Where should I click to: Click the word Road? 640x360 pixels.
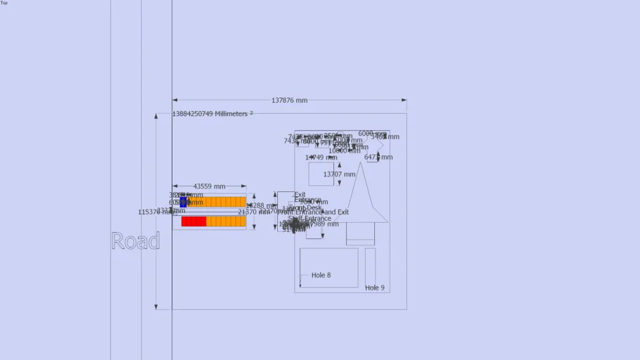click(136, 241)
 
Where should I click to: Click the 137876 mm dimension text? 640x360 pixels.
click(289, 101)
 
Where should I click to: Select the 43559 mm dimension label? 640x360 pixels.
click(210, 186)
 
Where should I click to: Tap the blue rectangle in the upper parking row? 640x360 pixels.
click(184, 202)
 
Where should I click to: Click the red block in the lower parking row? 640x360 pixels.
click(193, 221)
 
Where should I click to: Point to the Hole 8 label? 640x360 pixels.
click(321, 275)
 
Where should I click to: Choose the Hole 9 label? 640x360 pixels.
click(375, 288)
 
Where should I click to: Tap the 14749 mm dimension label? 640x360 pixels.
click(321, 157)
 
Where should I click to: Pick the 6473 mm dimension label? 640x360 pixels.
click(378, 157)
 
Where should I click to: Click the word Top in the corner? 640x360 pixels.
click(4, 3)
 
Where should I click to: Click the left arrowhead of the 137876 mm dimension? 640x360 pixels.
click(174, 101)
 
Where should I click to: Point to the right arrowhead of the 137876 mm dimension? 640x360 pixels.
click(404, 101)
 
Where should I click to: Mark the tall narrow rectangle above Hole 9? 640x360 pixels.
click(370, 265)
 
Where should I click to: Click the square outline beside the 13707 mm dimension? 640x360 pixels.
click(321, 174)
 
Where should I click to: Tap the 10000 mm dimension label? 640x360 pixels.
click(344, 150)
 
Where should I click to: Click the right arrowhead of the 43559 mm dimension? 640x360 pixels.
click(244, 186)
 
